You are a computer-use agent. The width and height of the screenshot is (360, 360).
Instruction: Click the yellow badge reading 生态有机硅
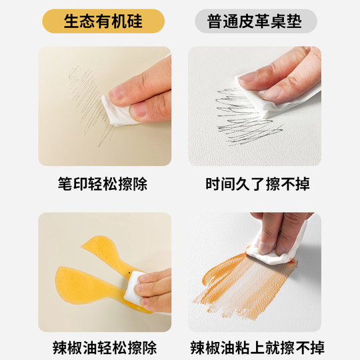[103, 21]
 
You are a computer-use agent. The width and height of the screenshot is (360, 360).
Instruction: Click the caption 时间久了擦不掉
[257, 184]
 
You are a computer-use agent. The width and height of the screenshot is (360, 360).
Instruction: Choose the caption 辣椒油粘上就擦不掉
[257, 347]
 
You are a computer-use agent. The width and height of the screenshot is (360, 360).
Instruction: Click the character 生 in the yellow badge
[71, 21]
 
